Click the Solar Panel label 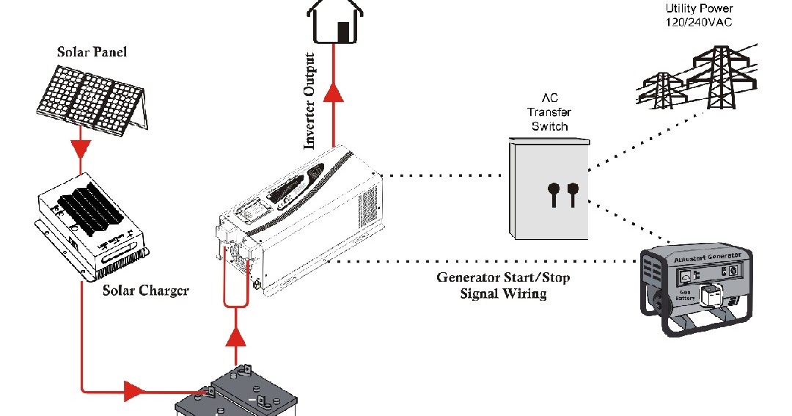tap(92, 52)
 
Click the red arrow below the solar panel tap(81, 149)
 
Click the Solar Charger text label tap(145, 291)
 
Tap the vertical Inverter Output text tap(310, 101)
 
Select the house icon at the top tap(336, 21)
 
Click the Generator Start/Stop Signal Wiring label tap(503, 286)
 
